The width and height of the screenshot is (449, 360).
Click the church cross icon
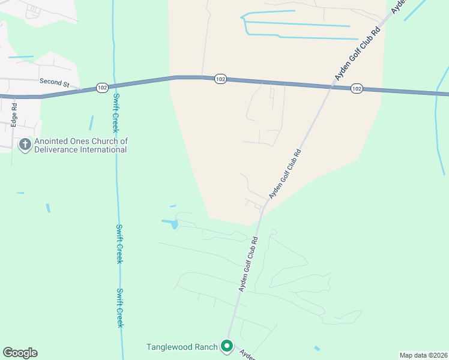25,145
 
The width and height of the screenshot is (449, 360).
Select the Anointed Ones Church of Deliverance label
81,145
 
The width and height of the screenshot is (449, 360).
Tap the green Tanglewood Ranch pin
227,346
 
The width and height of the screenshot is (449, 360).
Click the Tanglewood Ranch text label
181,347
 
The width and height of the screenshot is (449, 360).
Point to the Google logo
20,353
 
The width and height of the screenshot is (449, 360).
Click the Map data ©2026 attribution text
423,355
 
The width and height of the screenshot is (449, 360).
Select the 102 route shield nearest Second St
102,88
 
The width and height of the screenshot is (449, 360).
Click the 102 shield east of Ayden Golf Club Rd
357,88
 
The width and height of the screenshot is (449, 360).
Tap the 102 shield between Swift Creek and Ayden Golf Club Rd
220,79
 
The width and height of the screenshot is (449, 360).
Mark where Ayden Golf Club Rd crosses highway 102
330,87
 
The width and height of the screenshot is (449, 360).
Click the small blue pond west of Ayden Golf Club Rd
170,224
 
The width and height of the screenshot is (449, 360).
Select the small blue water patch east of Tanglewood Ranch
317,348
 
